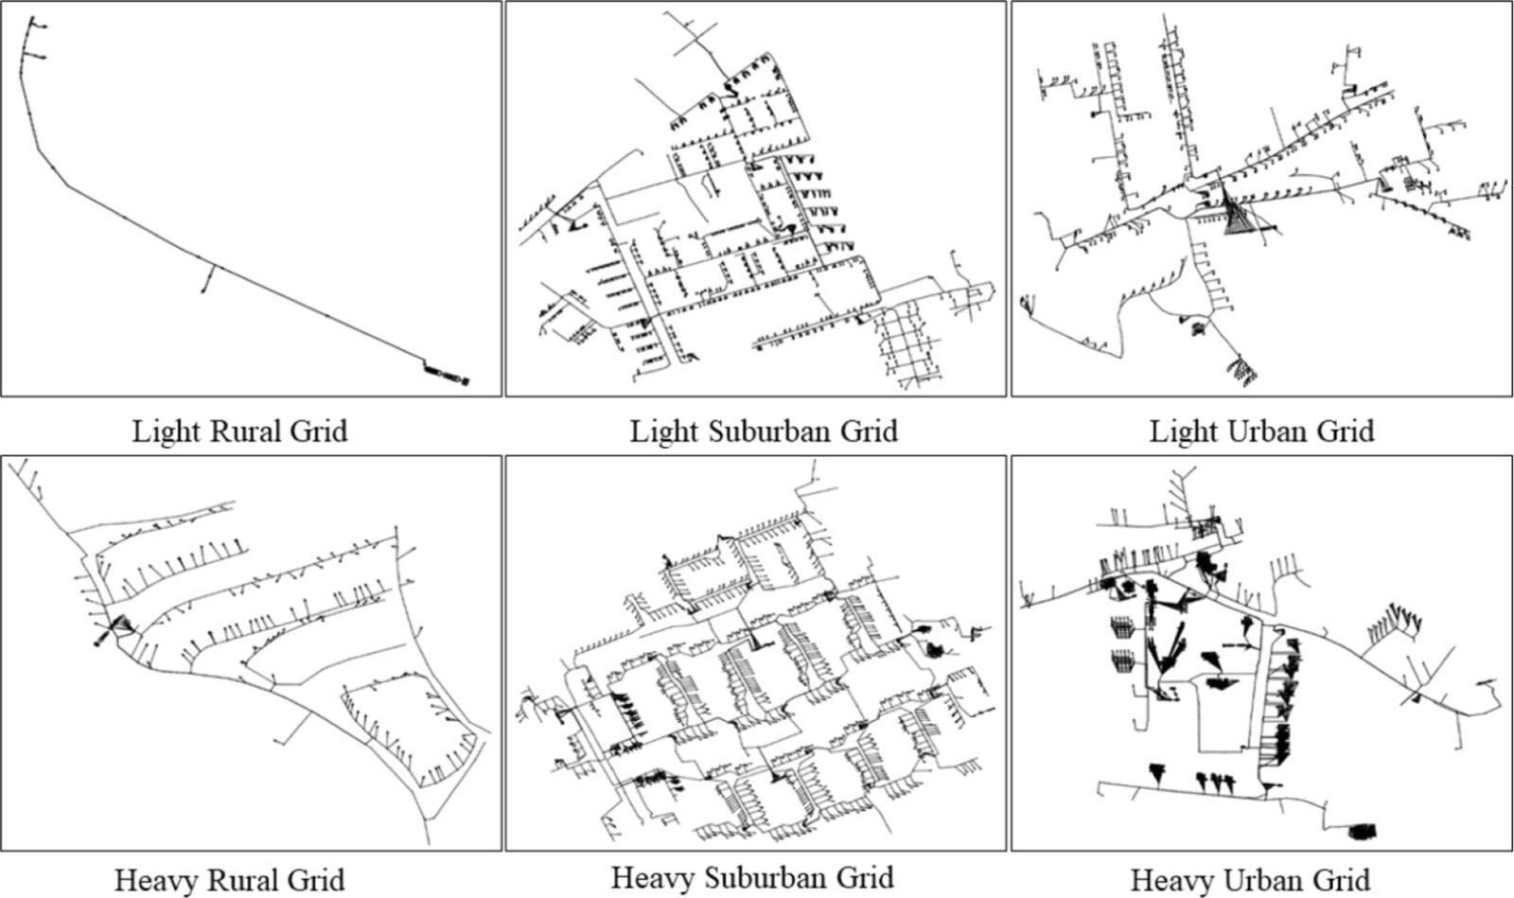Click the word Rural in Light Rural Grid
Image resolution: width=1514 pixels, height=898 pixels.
click(240, 431)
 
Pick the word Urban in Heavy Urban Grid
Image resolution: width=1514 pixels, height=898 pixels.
click(1252, 880)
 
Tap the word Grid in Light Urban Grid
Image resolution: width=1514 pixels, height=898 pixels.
click(1344, 431)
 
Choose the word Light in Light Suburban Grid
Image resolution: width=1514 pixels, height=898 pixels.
click(664, 431)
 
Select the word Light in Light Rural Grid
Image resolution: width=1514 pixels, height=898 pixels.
click(166, 431)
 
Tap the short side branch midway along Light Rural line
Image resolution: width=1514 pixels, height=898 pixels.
click(207, 280)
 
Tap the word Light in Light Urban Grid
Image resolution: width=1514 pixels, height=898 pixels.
click(1183, 431)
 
